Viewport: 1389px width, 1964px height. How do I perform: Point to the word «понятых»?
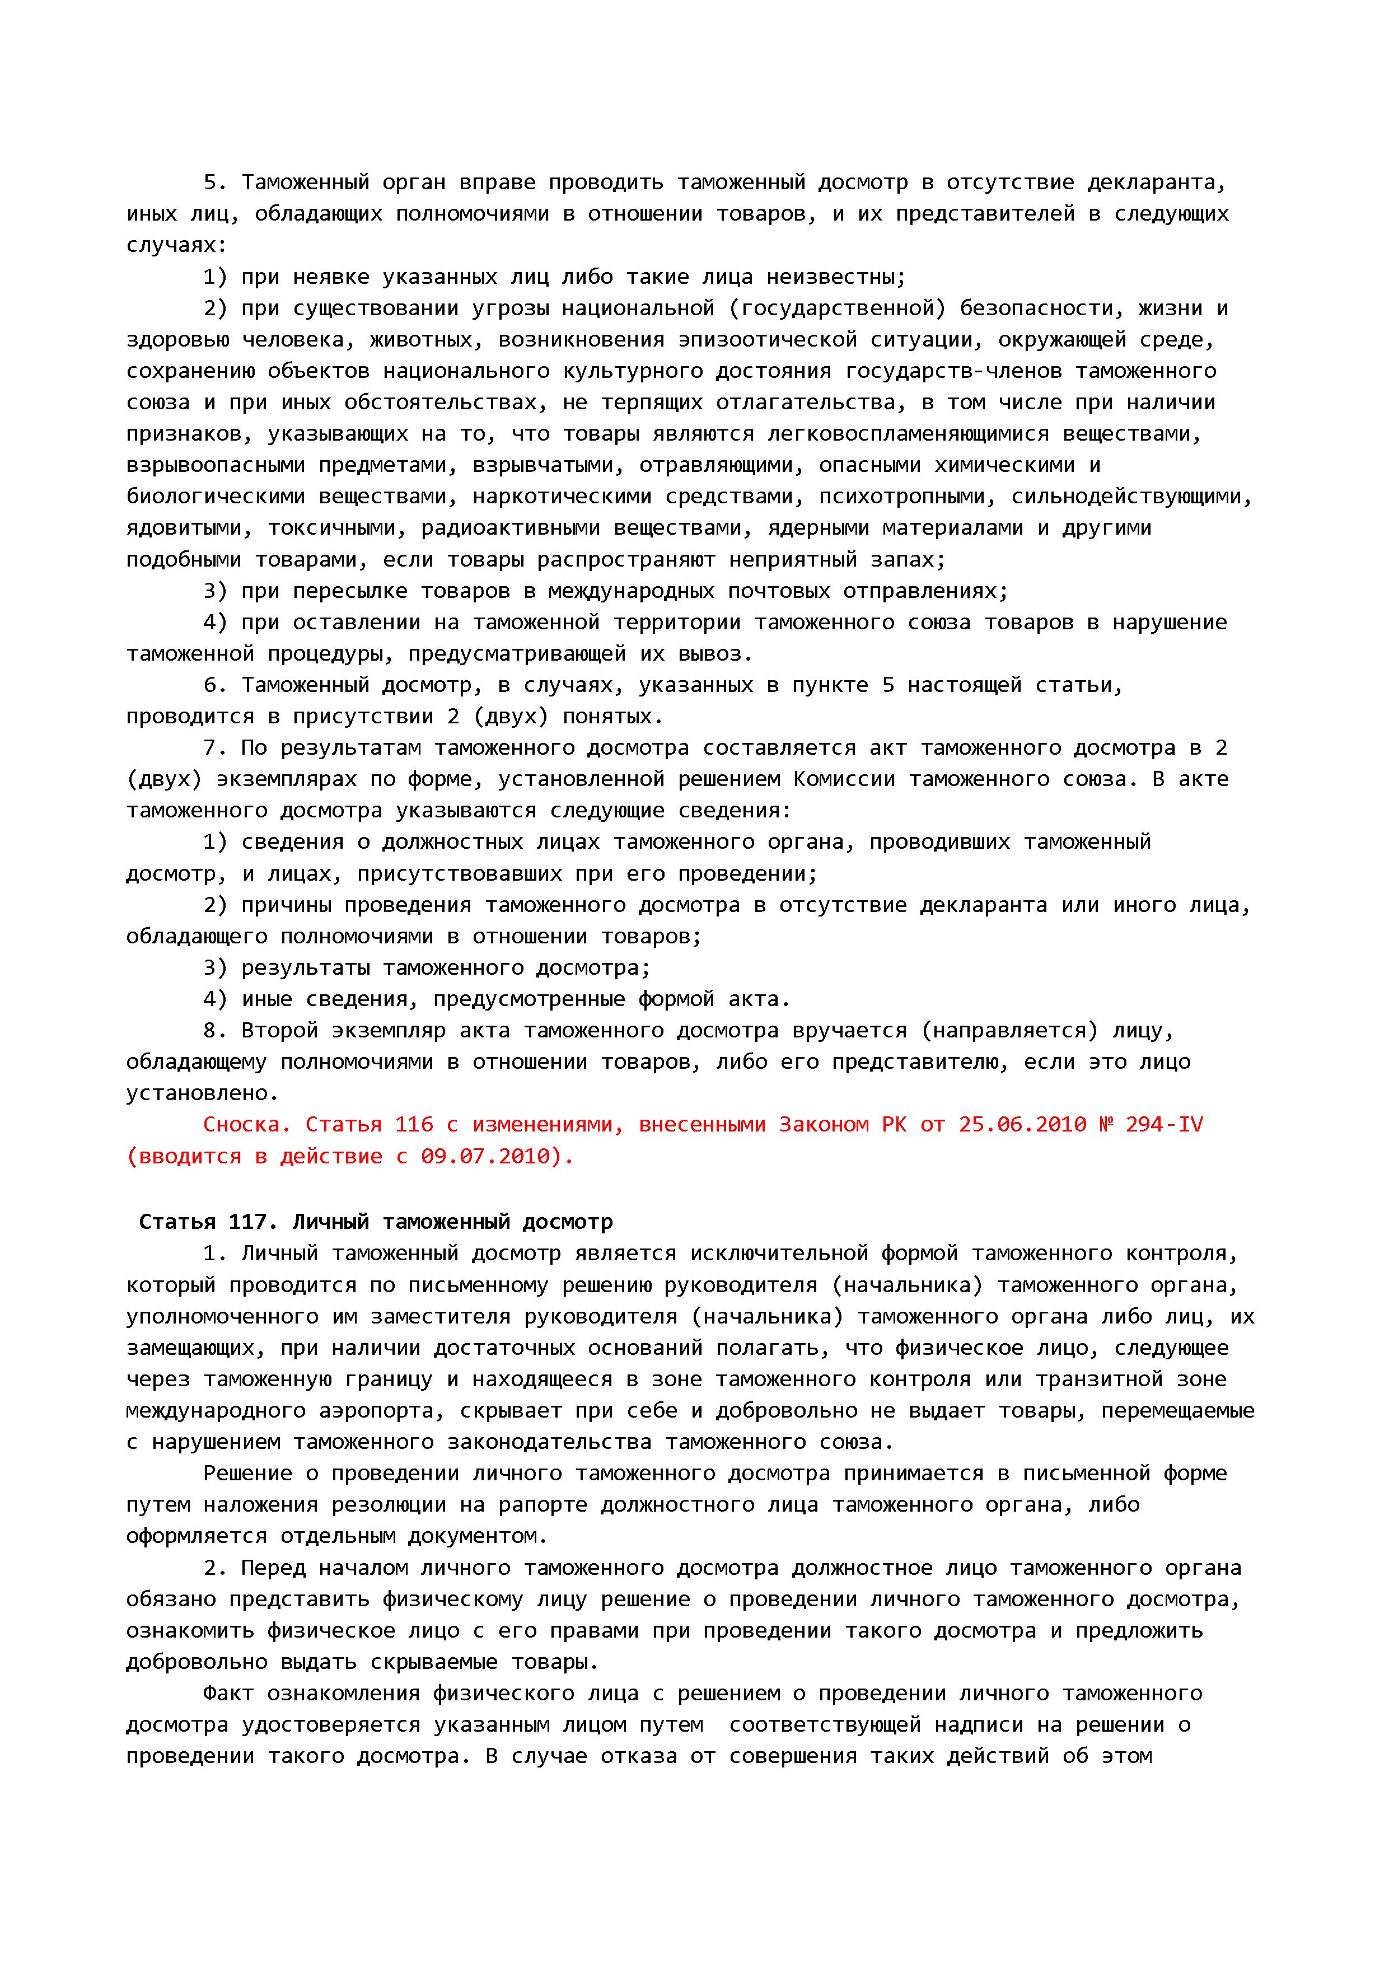[611, 716]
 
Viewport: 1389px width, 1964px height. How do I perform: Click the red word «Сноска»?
[247, 1124]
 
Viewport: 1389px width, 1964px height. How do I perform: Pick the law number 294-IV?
[1164, 1124]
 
